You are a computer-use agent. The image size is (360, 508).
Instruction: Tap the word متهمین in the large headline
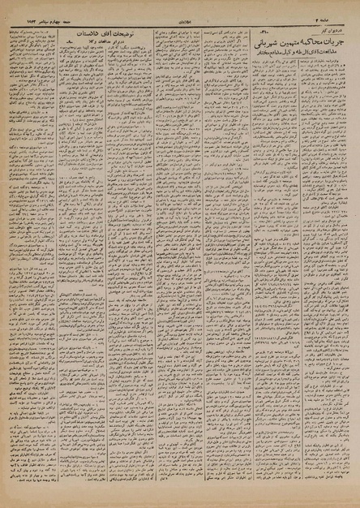point(288,42)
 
